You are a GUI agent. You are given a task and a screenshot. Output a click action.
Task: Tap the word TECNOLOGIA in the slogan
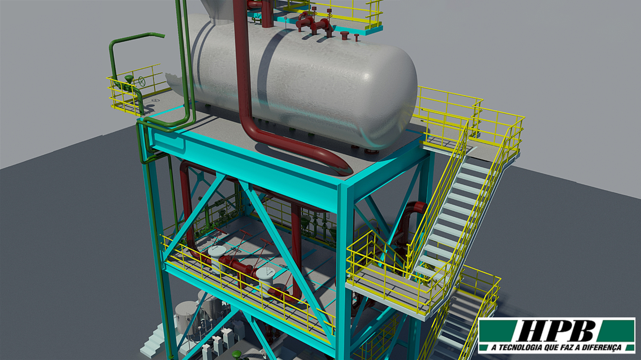tap(521, 348)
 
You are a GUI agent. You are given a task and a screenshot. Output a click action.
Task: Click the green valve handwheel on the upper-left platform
tap(142, 81)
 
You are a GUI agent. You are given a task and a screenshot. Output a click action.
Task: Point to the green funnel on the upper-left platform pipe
tap(129, 79)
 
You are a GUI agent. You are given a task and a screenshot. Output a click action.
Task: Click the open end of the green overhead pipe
tap(163, 36)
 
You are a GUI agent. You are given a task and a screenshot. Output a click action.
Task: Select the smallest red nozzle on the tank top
tap(356, 37)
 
